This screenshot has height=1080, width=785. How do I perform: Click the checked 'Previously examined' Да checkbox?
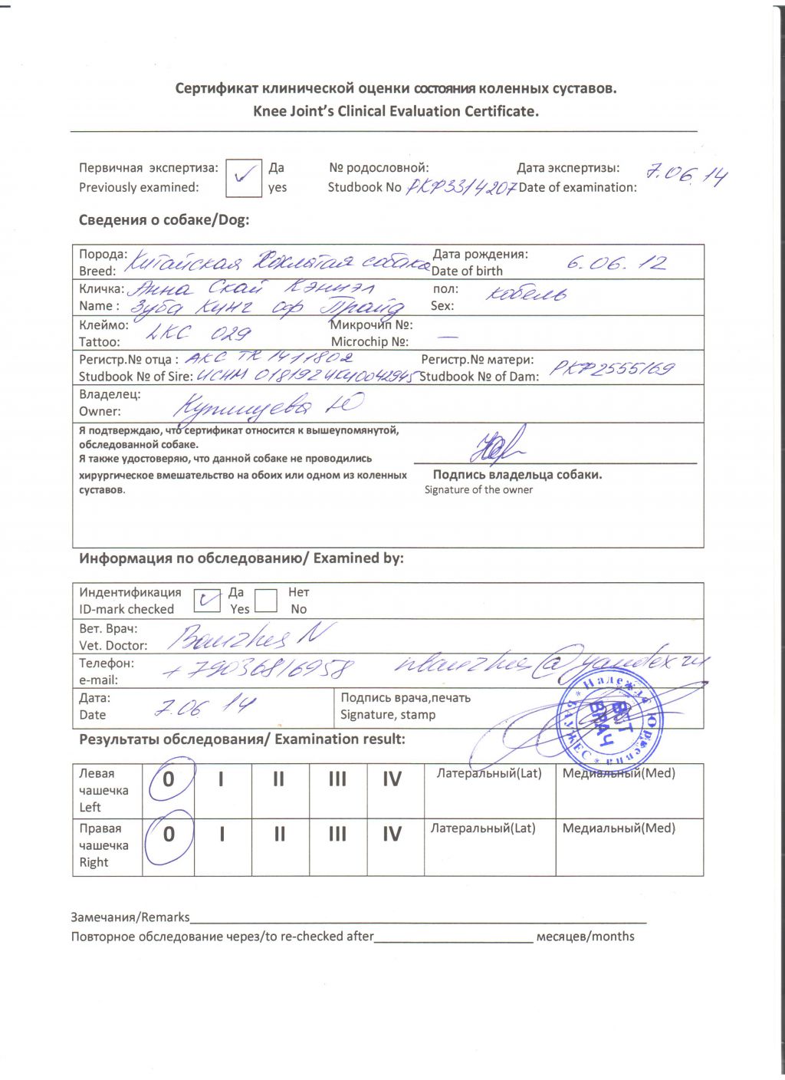pyautogui.click(x=244, y=178)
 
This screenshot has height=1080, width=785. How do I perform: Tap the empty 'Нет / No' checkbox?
pyautogui.click(x=266, y=600)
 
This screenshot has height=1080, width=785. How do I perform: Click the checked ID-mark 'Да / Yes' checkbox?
pyautogui.click(x=205, y=600)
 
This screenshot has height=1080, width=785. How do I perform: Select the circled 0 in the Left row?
pyautogui.click(x=169, y=780)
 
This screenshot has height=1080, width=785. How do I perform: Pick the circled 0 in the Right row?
pyautogui.click(x=169, y=835)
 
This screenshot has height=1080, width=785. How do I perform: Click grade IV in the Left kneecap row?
pyautogui.click(x=392, y=780)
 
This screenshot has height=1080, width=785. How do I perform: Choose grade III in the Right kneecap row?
pyautogui.click(x=337, y=835)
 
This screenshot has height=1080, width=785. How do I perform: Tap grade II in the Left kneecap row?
pyautogui.click(x=278, y=780)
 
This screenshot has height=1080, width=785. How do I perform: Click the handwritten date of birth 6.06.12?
pyautogui.click(x=616, y=263)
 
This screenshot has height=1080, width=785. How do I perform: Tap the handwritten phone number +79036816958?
pyautogui.click(x=258, y=669)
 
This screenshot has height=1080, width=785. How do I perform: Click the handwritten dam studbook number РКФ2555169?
pyautogui.click(x=613, y=369)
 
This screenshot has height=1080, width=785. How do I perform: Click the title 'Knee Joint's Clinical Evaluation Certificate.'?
pyautogui.click(x=396, y=111)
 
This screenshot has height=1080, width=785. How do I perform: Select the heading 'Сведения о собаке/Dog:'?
pyautogui.click(x=164, y=220)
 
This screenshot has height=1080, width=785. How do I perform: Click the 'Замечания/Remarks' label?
pyautogui.click(x=130, y=917)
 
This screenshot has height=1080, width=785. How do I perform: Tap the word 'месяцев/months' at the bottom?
pyautogui.click(x=585, y=937)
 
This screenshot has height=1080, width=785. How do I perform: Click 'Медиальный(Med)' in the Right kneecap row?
pyautogui.click(x=619, y=828)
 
